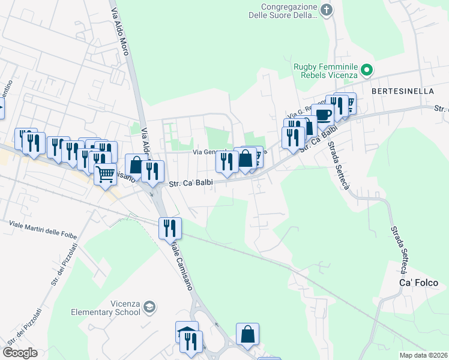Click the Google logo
(x=20, y=353)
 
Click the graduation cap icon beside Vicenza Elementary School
(x=149, y=308)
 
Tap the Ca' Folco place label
(x=419, y=283)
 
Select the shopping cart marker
(x=106, y=174)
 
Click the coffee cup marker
(x=323, y=115)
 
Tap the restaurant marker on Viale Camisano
(x=170, y=227)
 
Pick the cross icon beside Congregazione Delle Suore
(x=326, y=10)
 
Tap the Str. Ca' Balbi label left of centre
(x=191, y=184)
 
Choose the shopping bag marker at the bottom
(x=247, y=334)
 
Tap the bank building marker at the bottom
(x=187, y=332)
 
